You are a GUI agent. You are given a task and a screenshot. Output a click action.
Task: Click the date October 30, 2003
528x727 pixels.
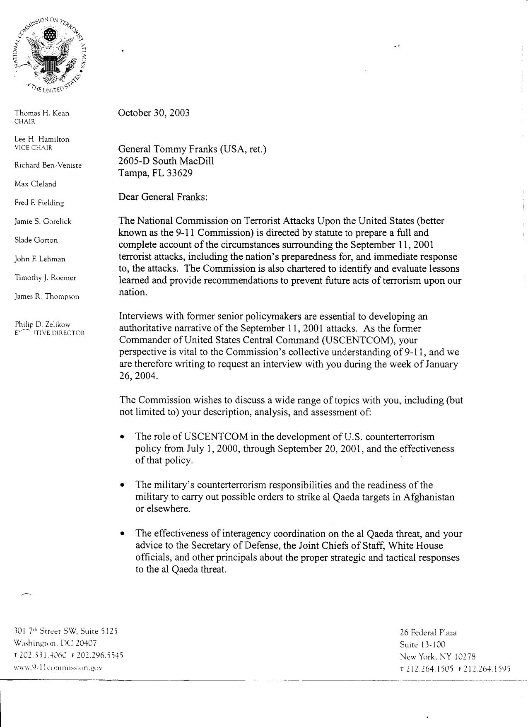tap(154, 113)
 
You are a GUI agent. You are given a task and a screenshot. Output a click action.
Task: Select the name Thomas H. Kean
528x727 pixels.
tap(42, 113)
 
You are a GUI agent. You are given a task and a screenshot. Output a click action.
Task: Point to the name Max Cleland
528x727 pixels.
tap(35, 184)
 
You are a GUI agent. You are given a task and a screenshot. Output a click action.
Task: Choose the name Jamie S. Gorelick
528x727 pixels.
tap(43, 222)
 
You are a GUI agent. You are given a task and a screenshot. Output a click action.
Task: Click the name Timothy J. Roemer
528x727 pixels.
tap(45, 278)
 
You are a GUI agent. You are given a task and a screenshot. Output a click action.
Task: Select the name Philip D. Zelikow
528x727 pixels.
tap(42, 324)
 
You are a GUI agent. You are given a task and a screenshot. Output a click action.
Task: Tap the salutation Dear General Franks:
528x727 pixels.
tap(163, 197)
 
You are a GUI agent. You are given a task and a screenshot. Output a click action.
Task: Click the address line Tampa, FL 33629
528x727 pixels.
tap(155, 173)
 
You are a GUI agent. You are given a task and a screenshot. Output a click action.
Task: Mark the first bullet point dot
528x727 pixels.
tap(122, 437)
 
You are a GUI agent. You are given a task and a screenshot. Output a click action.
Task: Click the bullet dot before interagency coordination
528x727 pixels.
tap(122, 534)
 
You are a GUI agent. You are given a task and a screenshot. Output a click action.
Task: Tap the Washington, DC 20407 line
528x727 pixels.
tap(55, 643)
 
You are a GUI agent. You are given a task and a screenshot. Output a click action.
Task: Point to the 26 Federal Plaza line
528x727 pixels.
tap(428, 633)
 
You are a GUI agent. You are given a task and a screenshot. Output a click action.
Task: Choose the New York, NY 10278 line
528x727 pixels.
tap(437, 657)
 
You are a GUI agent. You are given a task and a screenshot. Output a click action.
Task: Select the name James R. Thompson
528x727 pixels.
tap(47, 297)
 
